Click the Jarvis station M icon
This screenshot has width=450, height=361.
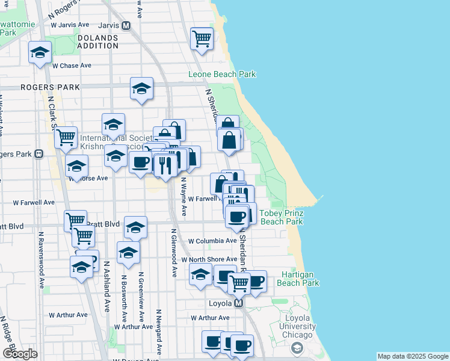126,26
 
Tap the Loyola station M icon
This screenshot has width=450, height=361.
239,303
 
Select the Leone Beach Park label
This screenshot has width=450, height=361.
222,74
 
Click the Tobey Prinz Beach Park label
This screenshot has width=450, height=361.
281,217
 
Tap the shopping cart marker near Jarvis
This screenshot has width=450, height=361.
202,39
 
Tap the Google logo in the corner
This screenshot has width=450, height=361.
20,353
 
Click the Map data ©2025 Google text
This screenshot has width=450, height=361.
413,356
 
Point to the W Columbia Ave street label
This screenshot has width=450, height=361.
212,241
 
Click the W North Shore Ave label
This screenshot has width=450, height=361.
209,259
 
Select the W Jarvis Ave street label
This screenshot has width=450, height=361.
71,25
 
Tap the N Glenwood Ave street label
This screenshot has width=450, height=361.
173,252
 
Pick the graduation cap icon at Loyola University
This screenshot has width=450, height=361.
297,347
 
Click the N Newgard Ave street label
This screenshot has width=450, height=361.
159,332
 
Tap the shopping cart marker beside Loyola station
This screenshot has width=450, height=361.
239,282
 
